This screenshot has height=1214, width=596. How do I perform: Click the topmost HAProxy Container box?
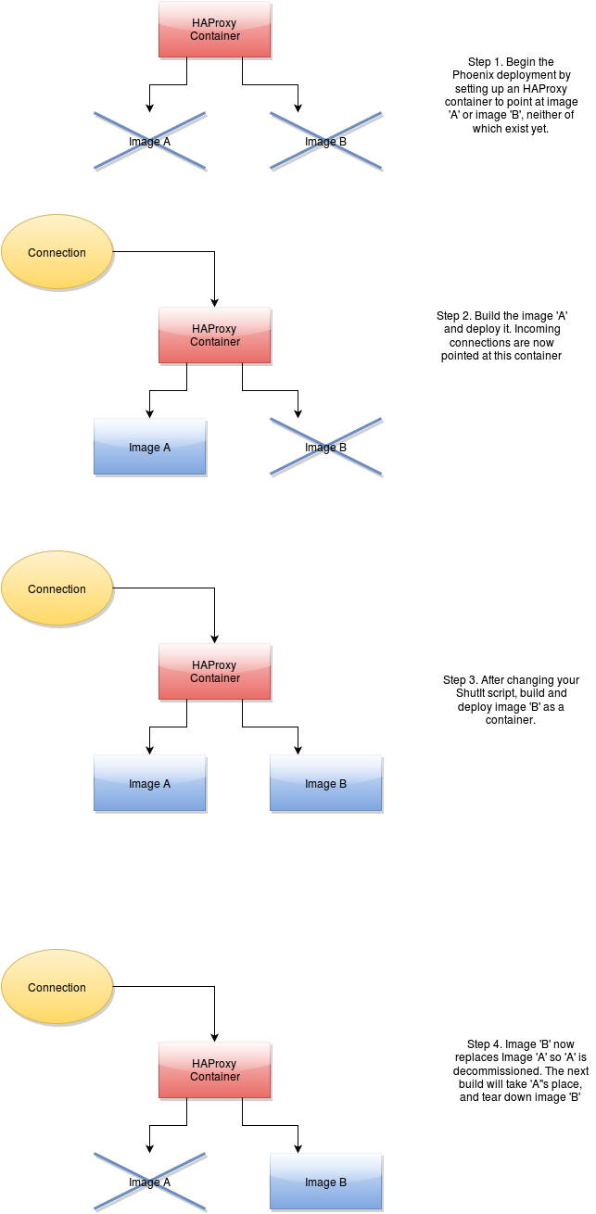[x=215, y=30]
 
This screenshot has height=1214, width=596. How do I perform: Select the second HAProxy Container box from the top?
[x=215, y=335]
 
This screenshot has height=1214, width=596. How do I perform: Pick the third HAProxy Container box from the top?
[x=215, y=671]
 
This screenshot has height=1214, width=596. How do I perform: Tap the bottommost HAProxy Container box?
[x=215, y=1069]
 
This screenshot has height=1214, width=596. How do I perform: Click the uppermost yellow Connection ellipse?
[x=57, y=252]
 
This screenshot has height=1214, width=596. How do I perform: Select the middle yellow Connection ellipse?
[x=57, y=588]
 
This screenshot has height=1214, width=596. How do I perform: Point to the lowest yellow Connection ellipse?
[x=57, y=987]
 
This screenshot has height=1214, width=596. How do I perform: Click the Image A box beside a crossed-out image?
[x=150, y=447]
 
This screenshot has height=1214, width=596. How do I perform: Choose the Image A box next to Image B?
[x=150, y=783]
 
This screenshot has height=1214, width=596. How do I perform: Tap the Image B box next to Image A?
[x=326, y=783]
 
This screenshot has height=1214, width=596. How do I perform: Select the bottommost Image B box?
[x=326, y=1182]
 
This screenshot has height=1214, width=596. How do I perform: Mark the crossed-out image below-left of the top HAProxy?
[x=150, y=142]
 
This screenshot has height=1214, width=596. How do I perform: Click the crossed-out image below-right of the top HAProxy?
[x=326, y=142]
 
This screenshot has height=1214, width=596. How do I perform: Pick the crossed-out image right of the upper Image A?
[x=326, y=448]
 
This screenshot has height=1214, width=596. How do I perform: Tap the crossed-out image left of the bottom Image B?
[x=150, y=1182]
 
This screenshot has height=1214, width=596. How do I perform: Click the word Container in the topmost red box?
[x=215, y=36]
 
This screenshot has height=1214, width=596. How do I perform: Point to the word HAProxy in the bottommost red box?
[x=215, y=1064]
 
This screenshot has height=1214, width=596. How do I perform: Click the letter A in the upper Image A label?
[x=167, y=448]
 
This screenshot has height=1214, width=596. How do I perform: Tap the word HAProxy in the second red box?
[x=215, y=329]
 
